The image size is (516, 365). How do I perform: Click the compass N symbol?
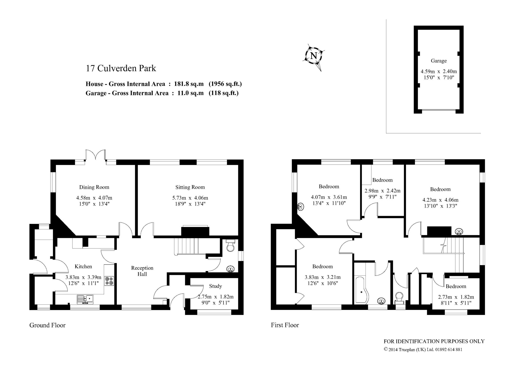(x=314, y=56)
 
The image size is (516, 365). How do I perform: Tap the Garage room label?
(x=439, y=61)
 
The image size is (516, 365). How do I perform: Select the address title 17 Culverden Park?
(x=121, y=68)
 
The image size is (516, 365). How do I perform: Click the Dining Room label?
(x=94, y=187)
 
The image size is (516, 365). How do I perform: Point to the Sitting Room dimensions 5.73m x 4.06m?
(x=190, y=198)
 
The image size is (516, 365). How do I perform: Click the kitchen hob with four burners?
(x=109, y=281)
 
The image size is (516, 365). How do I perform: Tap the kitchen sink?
(x=85, y=299)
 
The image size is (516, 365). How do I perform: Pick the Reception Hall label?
(x=142, y=271)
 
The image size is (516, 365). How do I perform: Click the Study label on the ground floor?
(x=215, y=286)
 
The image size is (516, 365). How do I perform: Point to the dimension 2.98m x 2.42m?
(x=382, y=191)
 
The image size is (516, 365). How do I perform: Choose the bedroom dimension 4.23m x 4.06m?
(x=440, y=200)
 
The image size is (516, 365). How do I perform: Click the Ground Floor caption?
(x=47, y=325)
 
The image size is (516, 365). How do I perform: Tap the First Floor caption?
(x=285, y=325)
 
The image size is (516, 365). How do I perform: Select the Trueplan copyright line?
(x=423, y=350)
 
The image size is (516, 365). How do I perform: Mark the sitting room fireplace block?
(x=195, y=231)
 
